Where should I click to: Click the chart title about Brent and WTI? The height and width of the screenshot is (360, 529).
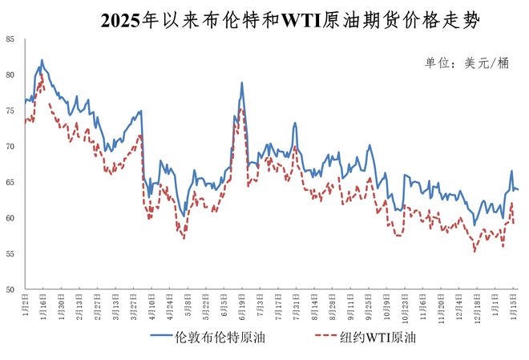pos(291,21)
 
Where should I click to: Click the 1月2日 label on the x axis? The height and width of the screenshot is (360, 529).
pos(26,304)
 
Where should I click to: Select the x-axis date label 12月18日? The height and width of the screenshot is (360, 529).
pos(475,307)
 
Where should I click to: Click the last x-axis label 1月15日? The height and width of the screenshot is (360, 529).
pos(513,305)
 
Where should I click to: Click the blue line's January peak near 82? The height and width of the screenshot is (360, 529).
pos(42,60)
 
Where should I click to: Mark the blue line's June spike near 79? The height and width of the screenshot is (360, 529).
pos(242,83)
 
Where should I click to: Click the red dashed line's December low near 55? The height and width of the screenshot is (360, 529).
pos(474,251)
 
